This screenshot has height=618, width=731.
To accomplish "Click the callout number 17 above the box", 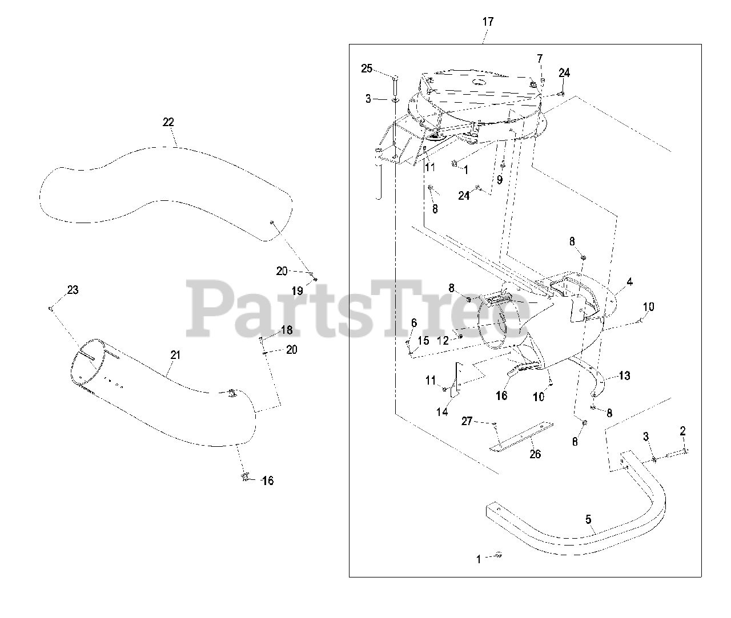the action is pos(488,22).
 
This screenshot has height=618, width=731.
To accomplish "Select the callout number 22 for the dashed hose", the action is pos(168,122).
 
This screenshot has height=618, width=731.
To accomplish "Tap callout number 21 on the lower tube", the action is pos(175,355).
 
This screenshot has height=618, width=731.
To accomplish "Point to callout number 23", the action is pos(73,290).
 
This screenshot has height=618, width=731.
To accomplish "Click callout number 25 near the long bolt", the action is pos(367,68).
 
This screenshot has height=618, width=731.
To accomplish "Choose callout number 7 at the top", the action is pos(540,59).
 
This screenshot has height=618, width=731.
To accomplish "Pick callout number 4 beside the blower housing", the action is pos(629,282).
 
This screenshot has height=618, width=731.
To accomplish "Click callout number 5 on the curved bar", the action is pos(588,519).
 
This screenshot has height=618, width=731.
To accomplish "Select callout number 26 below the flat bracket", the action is pos(535,454).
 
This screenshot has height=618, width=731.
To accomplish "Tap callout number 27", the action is pos(467,421).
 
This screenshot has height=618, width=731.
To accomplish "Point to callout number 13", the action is pos(625,375).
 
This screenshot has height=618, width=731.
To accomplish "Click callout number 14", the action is pos(442,412).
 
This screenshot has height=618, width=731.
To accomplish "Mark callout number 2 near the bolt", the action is pos(682,431).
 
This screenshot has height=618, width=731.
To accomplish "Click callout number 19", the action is pos(298,291).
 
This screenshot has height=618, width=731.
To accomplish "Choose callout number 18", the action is pos(287,330).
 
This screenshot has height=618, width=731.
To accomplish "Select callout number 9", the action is pos(499,180).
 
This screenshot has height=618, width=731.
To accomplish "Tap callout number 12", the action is pos(443,341).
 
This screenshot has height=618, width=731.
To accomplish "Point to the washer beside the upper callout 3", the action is pos(395,100).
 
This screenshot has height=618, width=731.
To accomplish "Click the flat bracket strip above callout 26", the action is pos(521,437).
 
